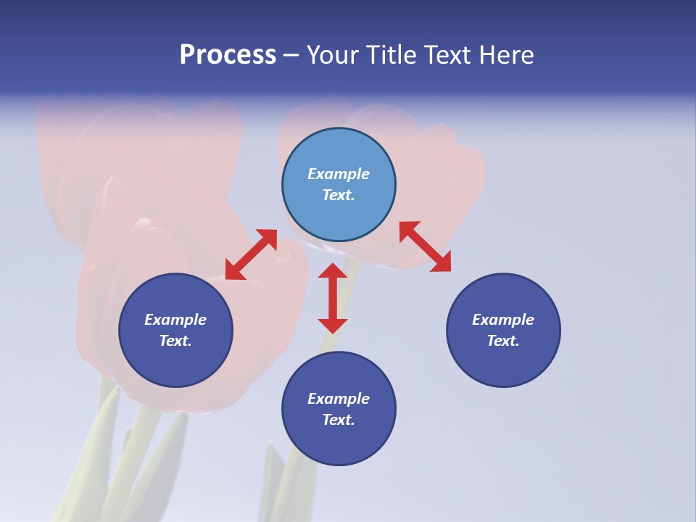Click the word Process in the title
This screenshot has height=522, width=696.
point(228,55)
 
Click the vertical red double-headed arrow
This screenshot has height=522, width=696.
point(333,298)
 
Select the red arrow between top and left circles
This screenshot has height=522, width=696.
point(251,254)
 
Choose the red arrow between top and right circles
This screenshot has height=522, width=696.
point(425,246)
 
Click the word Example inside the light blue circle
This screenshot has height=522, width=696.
point(339,174)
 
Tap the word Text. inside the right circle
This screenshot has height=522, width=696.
point(503,341)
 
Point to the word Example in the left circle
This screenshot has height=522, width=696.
point(175,320)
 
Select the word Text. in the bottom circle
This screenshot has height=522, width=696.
point(339,420)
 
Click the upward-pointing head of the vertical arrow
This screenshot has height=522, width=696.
point(333,272)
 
